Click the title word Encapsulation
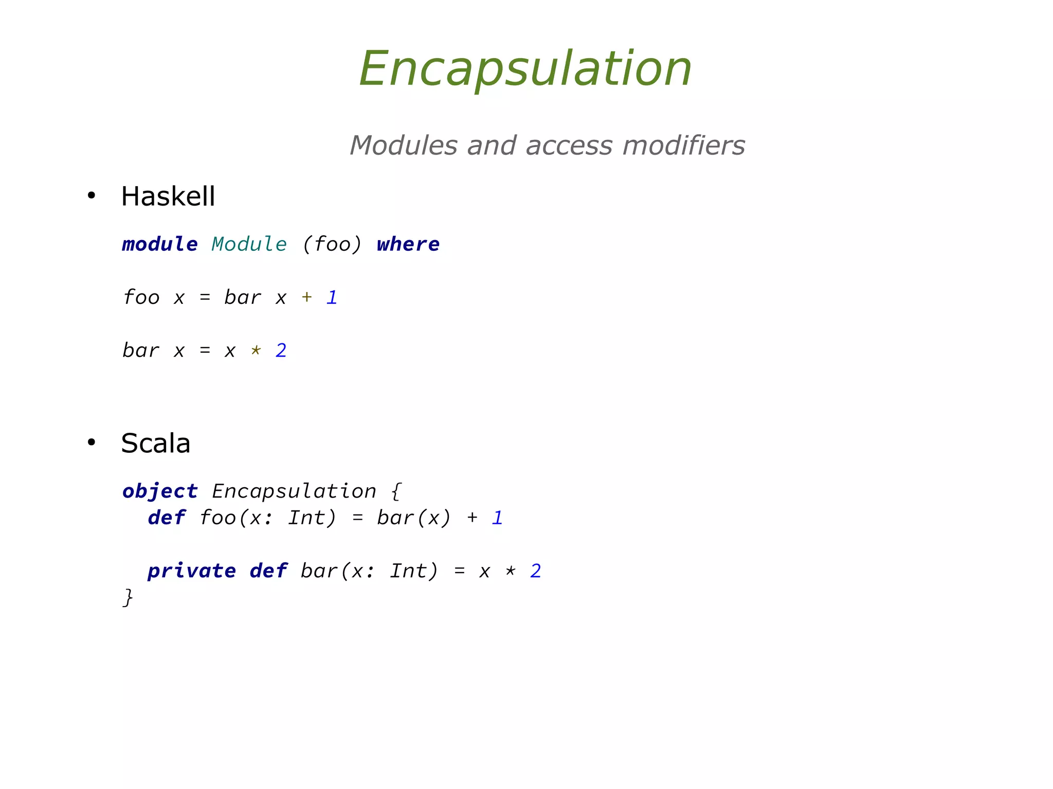(x=525, y=69)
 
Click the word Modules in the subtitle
(x=403, y=145)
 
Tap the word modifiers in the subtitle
(x=683, y=145)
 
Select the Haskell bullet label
(x=168, y=196)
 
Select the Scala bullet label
(x=155, y=443)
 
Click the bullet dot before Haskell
(x=92, y=195)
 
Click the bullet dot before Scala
(x=92, y=442)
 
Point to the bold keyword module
(x=159, y=244)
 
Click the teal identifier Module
(x=249, y=244)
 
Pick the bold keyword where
(x=408, y=244)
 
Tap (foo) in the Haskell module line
(x=332, y=244)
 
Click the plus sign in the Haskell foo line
(x=306, y=297)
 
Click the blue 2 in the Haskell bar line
(x=281, y=351)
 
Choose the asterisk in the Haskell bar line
(x=256, y=351)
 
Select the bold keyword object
(x=160, y=491)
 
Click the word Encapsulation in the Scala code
(x=294, y=491)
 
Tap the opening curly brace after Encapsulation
(x=395, y=491)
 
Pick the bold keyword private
(x=192, y=571)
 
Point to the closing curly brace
(x=128, y=598)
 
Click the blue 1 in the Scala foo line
(x=497, y=518)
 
